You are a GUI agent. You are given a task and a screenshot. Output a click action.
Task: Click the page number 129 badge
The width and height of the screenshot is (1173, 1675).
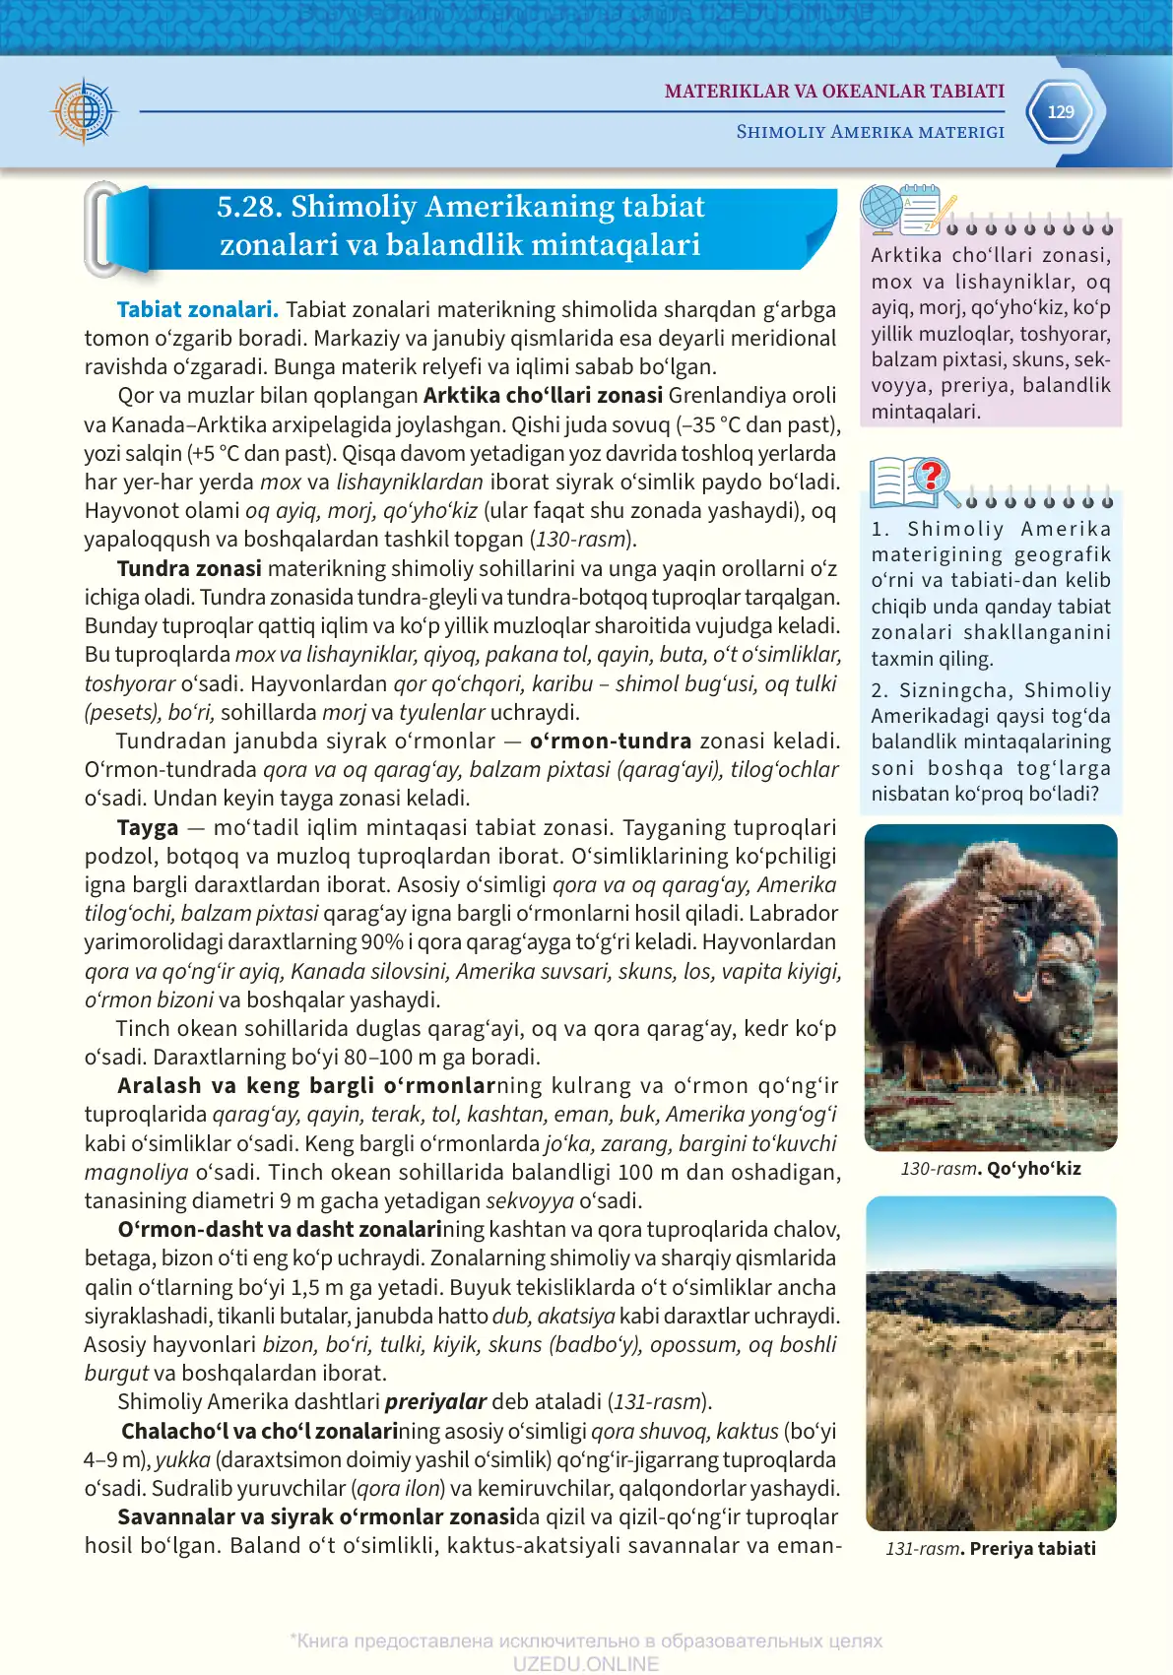[1060, 112]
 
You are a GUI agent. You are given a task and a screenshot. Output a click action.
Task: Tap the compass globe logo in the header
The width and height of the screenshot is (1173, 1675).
[85, 110]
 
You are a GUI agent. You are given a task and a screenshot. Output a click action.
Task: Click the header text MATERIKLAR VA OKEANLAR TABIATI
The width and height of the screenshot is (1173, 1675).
[834, 92]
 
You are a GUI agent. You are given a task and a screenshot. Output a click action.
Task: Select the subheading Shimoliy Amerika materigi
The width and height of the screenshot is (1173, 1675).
[870, 132]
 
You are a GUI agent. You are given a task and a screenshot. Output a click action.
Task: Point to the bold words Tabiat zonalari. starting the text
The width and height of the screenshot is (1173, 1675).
[197, 310]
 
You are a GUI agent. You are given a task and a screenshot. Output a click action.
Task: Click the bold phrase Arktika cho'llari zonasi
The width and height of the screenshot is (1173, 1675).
[543, 396]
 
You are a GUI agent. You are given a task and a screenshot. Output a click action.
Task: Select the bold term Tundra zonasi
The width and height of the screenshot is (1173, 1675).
[189, 568]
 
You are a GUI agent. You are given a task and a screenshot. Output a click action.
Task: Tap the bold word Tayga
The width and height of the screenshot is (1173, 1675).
[148, 827]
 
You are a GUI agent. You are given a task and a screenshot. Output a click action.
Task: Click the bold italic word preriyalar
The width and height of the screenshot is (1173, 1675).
[435, 1401]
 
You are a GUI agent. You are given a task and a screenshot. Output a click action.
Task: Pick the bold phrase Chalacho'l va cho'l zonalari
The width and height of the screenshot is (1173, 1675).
[258, 1431]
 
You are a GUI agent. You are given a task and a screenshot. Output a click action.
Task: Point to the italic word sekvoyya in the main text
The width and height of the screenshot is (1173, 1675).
[530, 1201]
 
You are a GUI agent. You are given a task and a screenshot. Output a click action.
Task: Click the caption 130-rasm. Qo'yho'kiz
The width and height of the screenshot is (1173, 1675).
[990, 1169]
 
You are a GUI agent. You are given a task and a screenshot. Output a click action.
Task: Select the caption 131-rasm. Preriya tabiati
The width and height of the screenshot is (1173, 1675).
[990, 1548]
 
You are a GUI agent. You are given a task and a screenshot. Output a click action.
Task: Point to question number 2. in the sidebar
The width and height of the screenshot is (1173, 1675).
[880, 691]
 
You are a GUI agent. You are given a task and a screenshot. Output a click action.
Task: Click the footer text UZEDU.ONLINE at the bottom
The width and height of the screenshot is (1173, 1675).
[585, 1663]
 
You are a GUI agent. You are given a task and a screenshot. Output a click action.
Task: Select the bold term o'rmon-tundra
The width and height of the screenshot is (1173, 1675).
[610, 741]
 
